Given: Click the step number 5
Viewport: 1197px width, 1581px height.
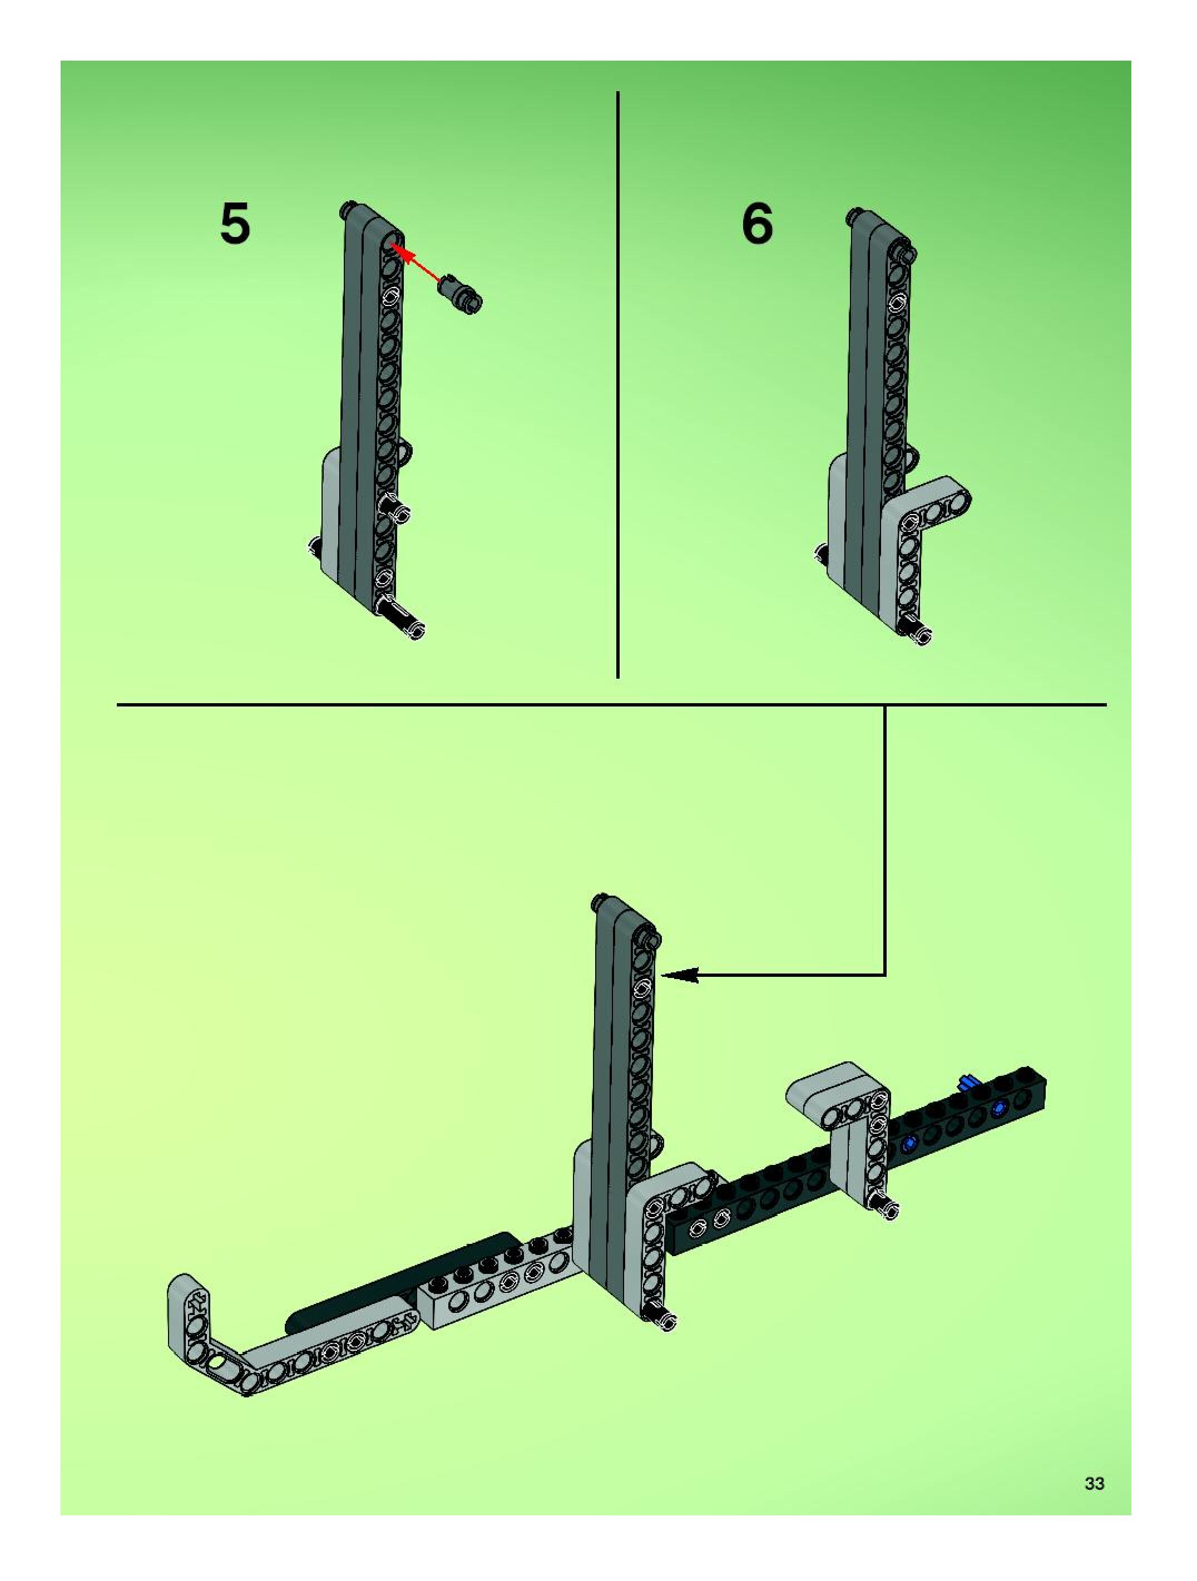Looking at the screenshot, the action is (x=235, y=224).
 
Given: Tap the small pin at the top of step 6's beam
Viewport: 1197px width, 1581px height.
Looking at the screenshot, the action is (x=908, y=254).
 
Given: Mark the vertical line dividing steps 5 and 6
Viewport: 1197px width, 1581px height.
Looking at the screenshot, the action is (x=617, y=384).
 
